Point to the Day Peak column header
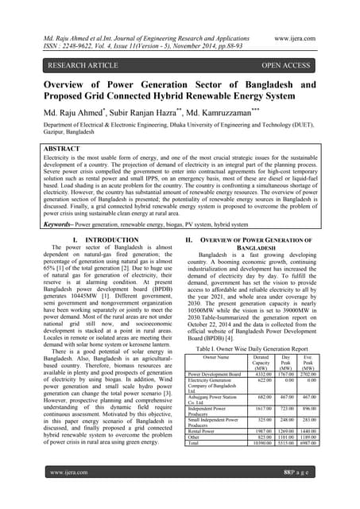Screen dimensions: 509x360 click(x=285, y=363)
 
